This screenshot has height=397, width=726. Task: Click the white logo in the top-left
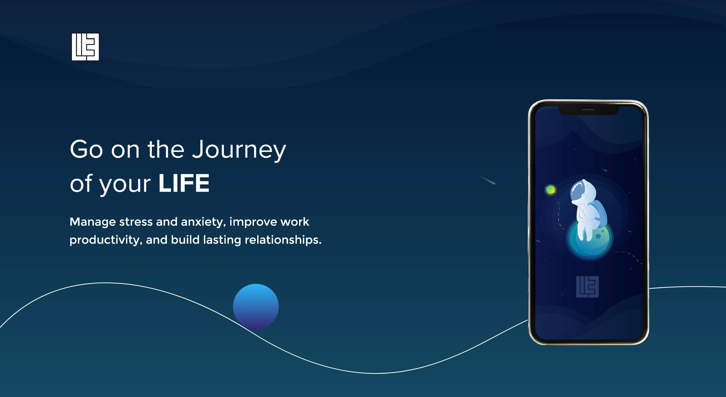pyautogui.click(x=85, y=47)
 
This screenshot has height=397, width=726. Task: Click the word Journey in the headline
pyautogui.click(x=239, y=150)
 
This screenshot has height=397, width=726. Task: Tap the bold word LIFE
pyautogui.click(x=184, y=183)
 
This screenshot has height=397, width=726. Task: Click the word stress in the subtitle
pyautogui.click(x=136, y=222)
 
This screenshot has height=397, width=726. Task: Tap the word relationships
pyautogui.click(x=283, y=240)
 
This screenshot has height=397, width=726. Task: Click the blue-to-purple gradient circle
pyautogui.click(x=256, y=307)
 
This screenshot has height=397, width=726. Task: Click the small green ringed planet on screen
pyautogui.click(x=550, y=190)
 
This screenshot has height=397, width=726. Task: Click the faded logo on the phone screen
pyautogui.click(x=587, y=287)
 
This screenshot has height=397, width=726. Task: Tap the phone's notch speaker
pyautogui.click(x=589, y=109)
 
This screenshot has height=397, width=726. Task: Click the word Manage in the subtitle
pyautogui.click(x=92, y=222)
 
